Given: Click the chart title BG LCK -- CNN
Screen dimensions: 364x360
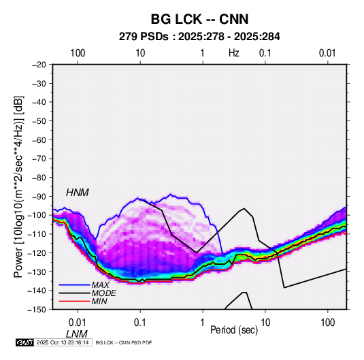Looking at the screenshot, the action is point(199,19).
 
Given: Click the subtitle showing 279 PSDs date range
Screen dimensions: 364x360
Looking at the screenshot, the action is point(199,37).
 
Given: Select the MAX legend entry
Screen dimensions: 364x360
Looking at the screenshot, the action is point(100,284).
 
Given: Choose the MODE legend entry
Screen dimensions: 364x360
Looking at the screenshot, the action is point(104,293).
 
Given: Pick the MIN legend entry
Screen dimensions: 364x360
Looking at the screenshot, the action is point(99,301).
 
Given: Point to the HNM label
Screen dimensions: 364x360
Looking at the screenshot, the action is point(78,193).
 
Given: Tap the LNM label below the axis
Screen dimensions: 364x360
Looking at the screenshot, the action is point(77,334).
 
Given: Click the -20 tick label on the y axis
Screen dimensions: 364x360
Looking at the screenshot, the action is point(39,65).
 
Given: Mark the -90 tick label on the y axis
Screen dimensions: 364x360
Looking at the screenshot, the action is point(39,196).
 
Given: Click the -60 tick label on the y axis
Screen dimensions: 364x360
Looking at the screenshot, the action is point(39,140).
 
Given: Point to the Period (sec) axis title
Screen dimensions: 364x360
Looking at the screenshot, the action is point(234,330).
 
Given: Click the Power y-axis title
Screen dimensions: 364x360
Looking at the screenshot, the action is point(18,187).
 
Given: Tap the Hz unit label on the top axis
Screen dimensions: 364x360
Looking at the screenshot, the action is point(234,53).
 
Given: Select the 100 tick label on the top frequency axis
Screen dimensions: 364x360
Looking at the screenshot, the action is point(78,53).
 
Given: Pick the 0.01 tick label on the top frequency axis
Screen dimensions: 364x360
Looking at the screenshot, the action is point(327,53).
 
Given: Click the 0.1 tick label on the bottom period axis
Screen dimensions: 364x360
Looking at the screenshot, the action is point(140,323).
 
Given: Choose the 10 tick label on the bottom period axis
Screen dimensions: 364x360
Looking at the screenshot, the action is point(265,323).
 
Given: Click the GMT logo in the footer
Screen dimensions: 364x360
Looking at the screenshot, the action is point(24,342).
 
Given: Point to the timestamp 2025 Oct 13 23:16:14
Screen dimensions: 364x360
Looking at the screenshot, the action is point(63,342).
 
